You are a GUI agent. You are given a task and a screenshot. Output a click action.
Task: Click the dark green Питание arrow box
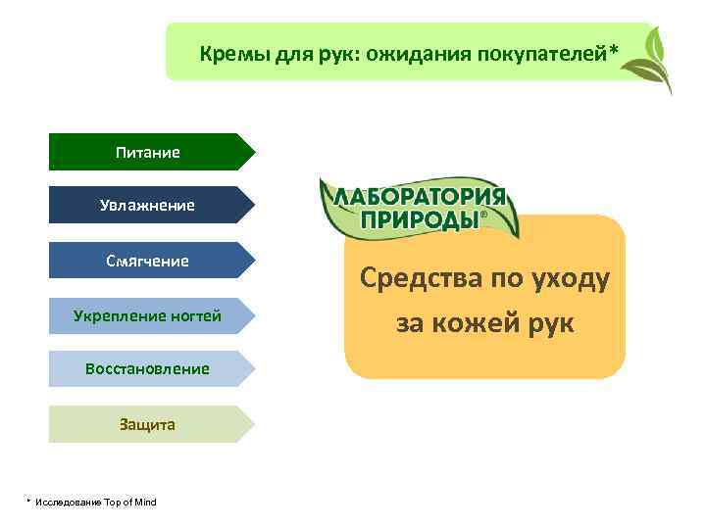click(x=147, y=152)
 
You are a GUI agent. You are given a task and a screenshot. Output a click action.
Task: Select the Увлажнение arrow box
click(x=147, y=205)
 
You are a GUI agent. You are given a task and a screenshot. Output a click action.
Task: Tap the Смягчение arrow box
click(x=147, y=261)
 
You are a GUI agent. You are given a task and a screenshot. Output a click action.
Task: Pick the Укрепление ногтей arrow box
click(x=147, y=315)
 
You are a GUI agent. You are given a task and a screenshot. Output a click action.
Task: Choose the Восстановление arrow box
click(x=147, y=369)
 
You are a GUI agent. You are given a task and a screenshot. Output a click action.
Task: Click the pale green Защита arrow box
click(x=147, y=424)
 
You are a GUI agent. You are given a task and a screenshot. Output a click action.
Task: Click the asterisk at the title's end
click(x=615, y=49)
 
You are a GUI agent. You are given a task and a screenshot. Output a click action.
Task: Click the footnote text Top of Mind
click(x=129, y=503)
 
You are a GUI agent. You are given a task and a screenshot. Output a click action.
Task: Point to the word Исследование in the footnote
click(x=68, y=503)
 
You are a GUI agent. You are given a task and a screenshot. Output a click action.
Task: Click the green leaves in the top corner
click(x=652, y=59)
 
